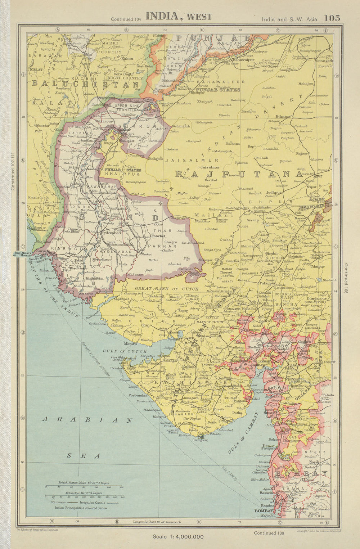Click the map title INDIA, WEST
pos(179,16)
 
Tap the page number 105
pos(332,18)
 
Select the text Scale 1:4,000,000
pos(178,536)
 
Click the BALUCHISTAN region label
pos(86,84)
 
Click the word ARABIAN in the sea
pos(87,419)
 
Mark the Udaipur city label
pos(318,266)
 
